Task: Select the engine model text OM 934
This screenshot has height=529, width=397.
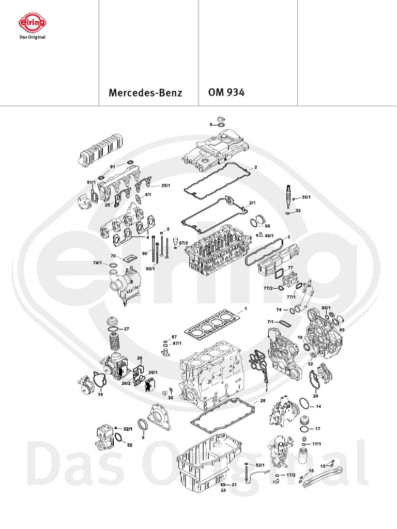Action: [226, 93]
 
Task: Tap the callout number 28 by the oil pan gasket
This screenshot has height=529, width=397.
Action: [262, 401]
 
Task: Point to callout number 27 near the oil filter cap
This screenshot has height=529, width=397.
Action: [126, 329]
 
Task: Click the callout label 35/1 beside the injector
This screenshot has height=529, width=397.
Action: [306, 197]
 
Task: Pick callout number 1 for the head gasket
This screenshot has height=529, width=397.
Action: [246, 309]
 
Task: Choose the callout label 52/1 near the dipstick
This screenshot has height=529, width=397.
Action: [259, 465]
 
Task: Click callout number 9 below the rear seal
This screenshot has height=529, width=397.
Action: [143, 438]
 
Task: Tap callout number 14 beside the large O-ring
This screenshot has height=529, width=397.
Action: [318, 407]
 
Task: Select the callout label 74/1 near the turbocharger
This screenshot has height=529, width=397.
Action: [97, 263]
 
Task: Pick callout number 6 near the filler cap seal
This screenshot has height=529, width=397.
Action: [211, 125]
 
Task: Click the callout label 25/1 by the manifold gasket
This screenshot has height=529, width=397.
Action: [165, 185]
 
